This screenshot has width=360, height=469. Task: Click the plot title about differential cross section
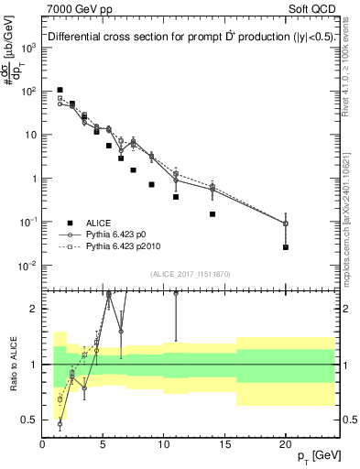click(191, 38)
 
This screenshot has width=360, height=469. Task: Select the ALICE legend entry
click(99, 223)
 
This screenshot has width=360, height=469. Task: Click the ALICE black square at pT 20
click(286, 247)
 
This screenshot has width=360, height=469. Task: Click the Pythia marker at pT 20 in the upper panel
click(286, 224)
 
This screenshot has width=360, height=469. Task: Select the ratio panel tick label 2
click(34, 309)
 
